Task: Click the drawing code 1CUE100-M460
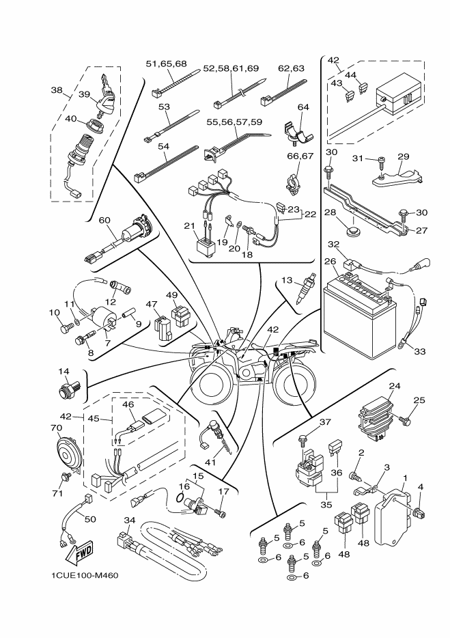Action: pos(85,575)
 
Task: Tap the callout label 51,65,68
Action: pos(167,64)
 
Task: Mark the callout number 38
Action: pos(57,90)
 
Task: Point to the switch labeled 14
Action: pos(70,393)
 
